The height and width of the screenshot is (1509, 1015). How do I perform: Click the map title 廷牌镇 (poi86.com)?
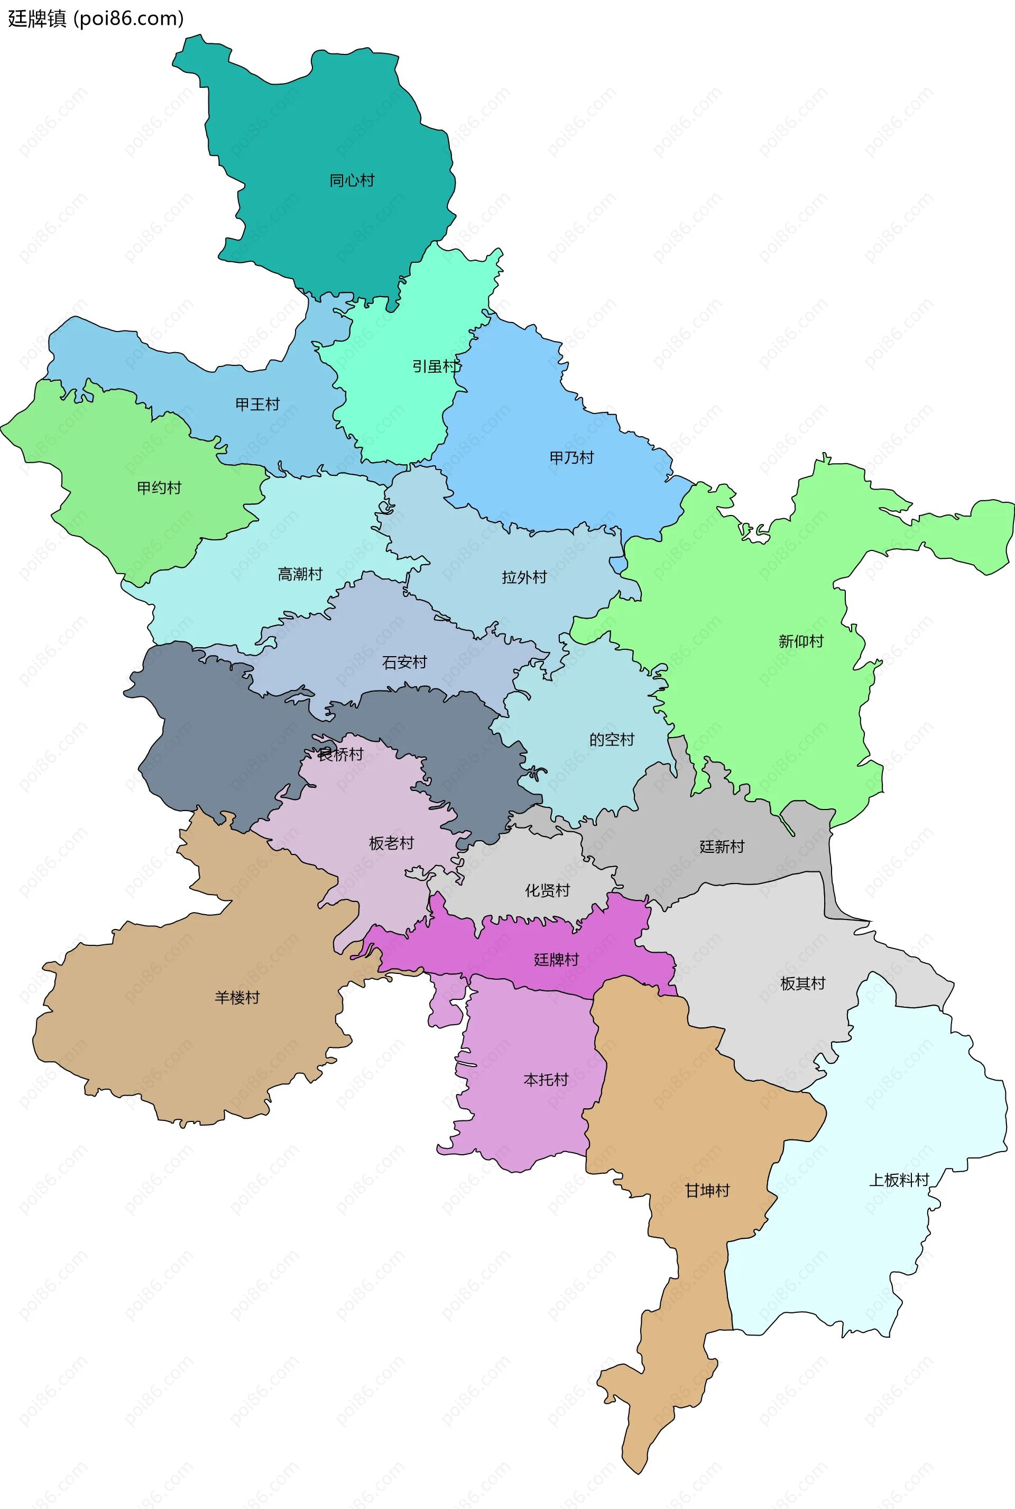96,18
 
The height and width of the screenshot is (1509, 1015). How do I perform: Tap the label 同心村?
352,181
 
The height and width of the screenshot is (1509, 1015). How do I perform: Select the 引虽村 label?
436,366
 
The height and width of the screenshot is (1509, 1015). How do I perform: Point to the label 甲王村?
257,404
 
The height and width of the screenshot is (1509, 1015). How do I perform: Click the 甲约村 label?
159,487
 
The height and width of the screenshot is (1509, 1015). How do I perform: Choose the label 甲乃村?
571,458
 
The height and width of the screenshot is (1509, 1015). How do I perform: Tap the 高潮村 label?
300,574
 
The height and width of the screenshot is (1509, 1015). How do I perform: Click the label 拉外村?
524,577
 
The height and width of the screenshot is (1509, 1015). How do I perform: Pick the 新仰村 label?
801,641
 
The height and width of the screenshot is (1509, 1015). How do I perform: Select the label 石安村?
404,663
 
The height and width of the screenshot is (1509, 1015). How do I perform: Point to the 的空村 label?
612,739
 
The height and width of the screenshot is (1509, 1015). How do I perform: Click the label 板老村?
392,843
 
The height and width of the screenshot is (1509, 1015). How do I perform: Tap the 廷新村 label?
722,846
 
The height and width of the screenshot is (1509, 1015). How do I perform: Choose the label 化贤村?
548,891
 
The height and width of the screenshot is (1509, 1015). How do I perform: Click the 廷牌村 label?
557,960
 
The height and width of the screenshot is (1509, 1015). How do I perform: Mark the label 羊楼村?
237,998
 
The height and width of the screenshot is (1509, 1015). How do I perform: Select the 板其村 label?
802,983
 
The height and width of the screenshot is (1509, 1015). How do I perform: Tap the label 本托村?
546,1080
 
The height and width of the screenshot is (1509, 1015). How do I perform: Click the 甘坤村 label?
707,1191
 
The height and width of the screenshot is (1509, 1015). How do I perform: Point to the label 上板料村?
899,1180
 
